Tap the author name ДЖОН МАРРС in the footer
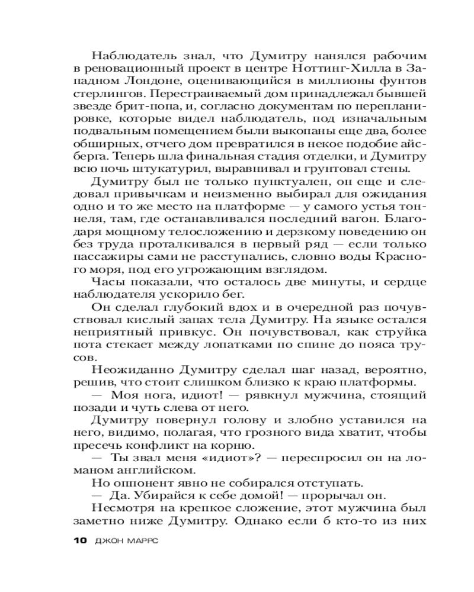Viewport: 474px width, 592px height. click(x=131, y=540)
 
